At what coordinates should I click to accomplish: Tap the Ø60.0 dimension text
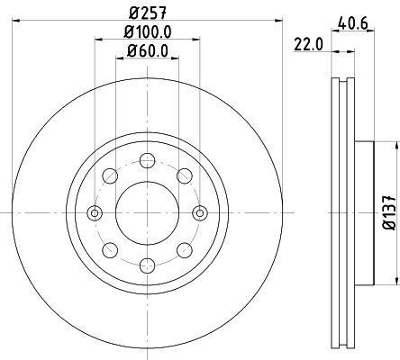coord(147,50)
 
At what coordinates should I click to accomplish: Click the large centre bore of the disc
coord(147,212)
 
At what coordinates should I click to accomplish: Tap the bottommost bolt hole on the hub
coord(147,265)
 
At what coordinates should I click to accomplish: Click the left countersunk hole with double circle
coord(95,212)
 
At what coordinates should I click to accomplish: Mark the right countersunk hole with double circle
coord(200,212)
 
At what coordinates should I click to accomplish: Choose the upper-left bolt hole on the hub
coord(110,175)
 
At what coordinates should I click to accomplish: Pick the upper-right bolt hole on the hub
coord(184,175)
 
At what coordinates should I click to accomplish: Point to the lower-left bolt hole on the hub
coord(110,249)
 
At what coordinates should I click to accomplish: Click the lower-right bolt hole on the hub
coord(184,249)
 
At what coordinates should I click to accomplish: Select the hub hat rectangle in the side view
coord(363,212)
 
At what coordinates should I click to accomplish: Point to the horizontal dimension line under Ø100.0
coord(147,40)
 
